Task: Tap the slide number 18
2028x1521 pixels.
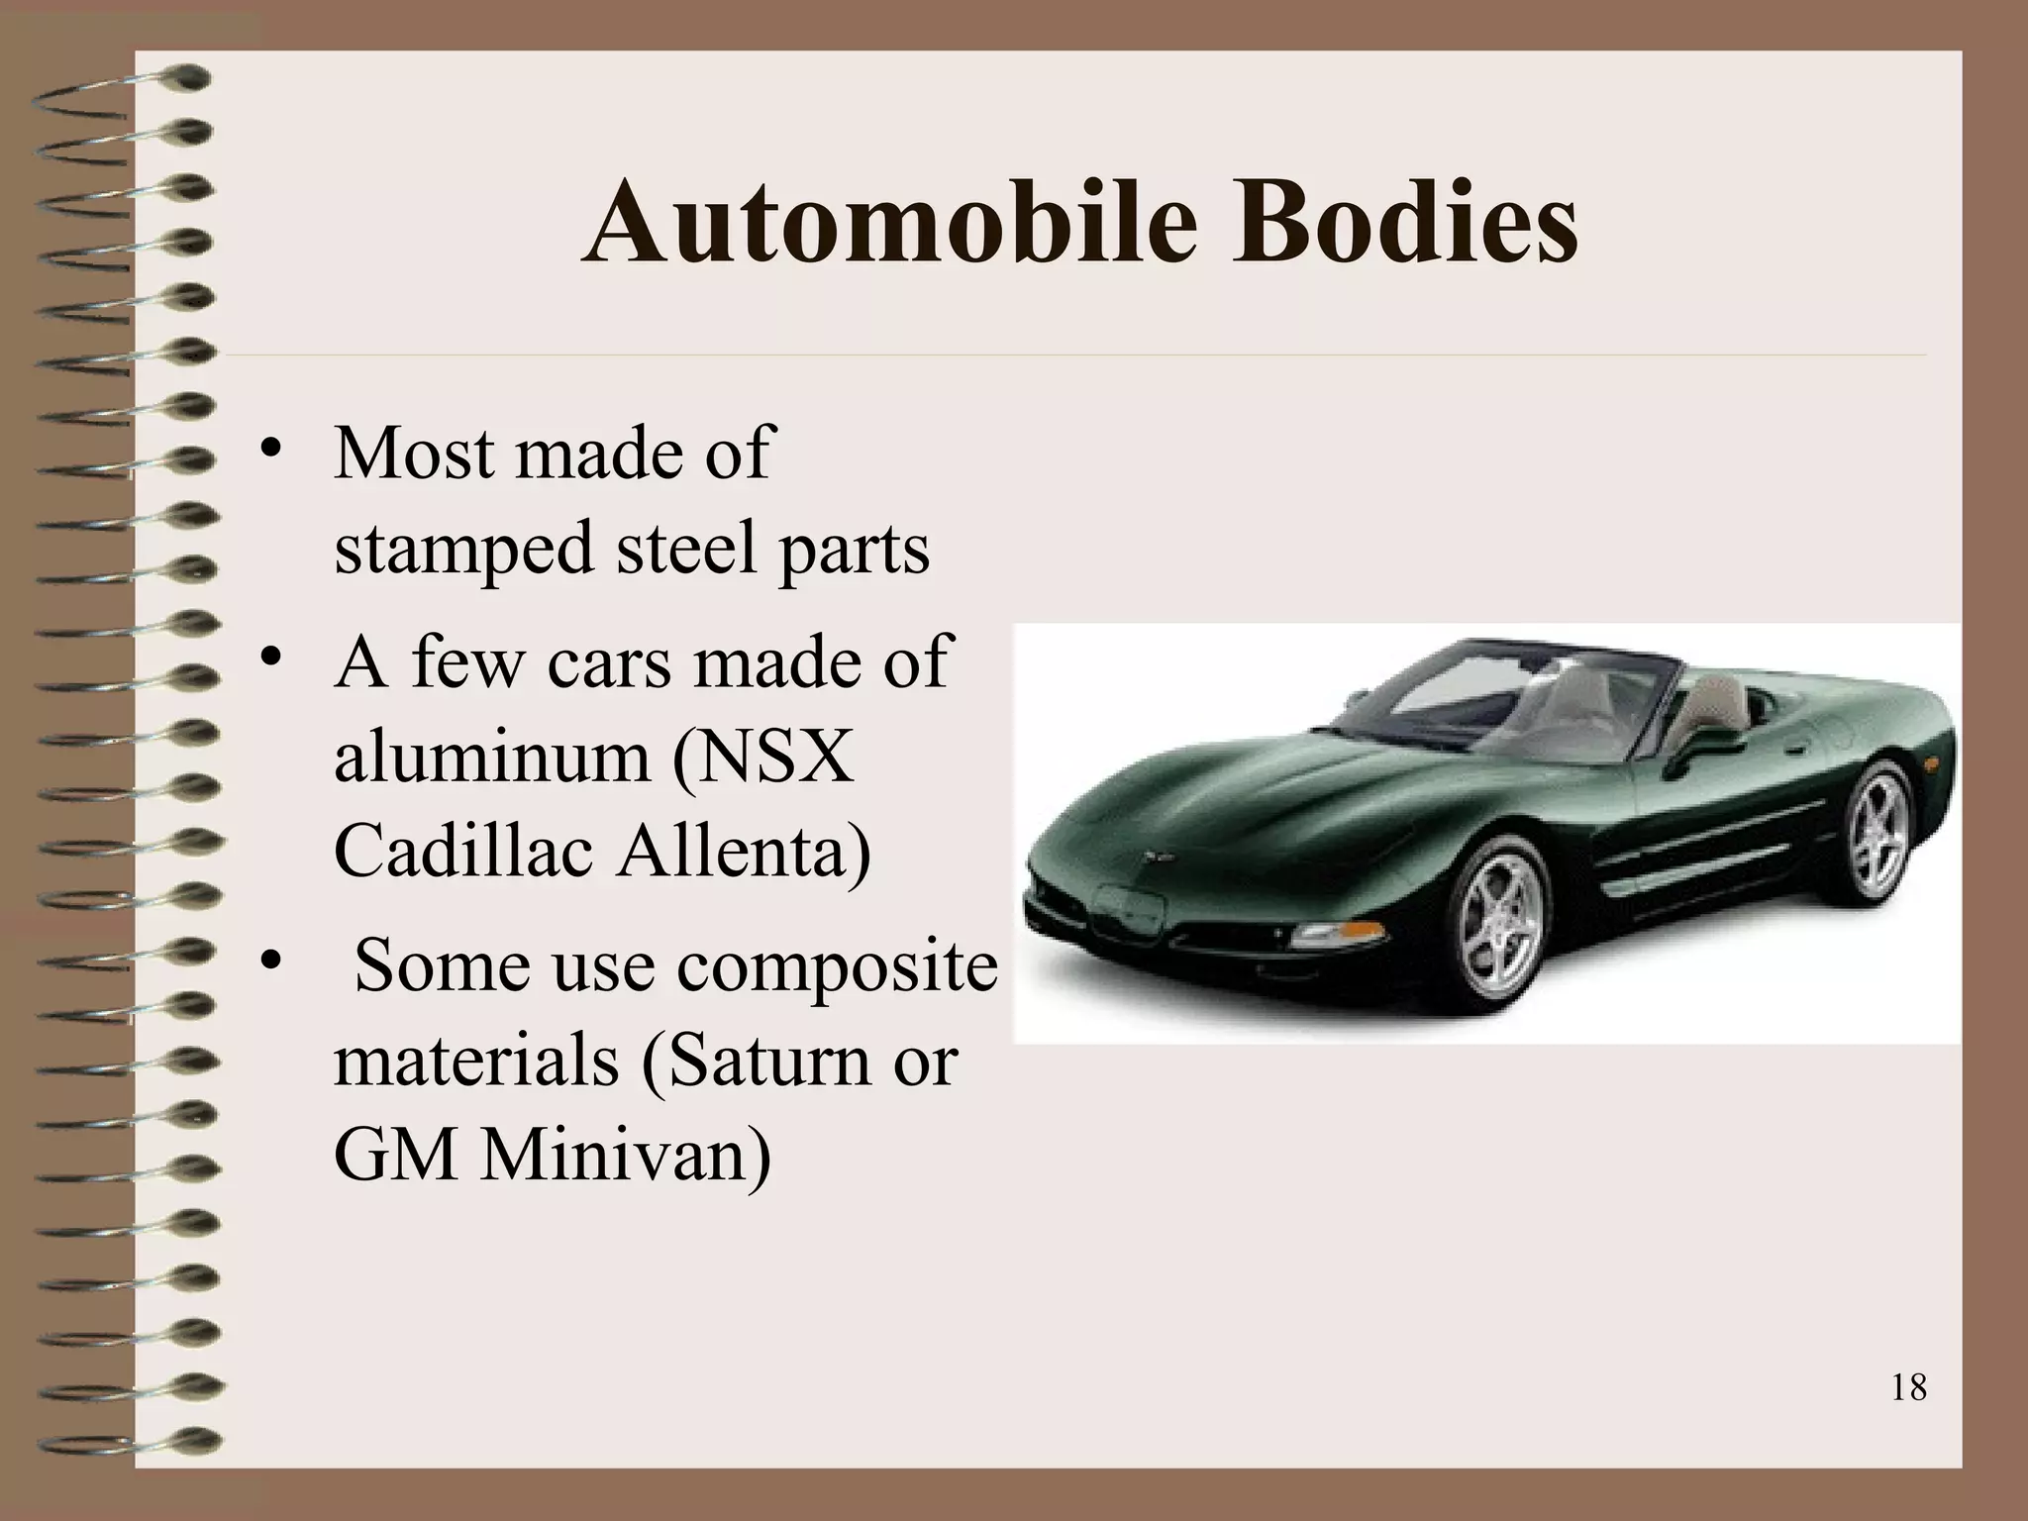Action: (x=1908, y=1387)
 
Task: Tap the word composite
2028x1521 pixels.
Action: (x=838, y=965)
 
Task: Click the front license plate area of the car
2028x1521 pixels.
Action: (x=1129, y=910)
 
